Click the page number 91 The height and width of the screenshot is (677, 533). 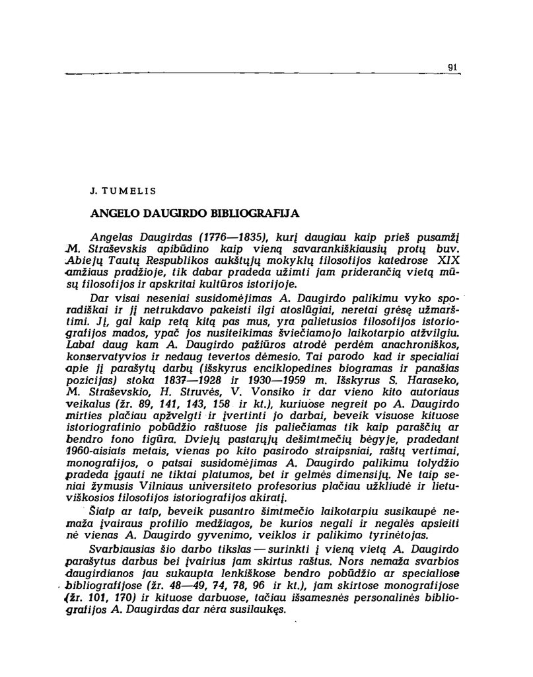452,66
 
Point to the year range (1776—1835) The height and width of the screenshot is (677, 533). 221,238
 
